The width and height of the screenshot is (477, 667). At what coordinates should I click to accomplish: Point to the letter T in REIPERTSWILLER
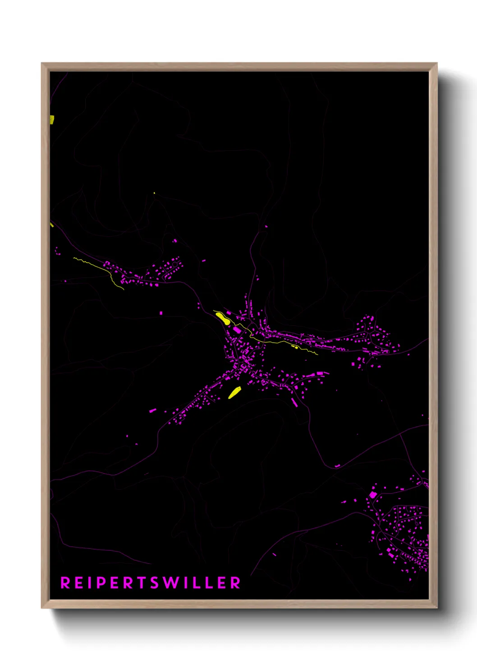[141, 583]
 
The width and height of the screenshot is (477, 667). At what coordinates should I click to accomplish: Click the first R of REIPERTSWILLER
[65, 583]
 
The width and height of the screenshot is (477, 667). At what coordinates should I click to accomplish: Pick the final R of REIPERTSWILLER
[235, 583]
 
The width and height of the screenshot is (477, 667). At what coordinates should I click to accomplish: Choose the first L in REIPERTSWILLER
[197, 583]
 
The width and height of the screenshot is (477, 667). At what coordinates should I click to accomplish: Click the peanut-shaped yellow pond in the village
[222, 318]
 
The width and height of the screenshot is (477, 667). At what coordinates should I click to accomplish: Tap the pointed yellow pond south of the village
[234, 393]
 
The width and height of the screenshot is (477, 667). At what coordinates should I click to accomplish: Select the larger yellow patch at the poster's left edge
[52, 119]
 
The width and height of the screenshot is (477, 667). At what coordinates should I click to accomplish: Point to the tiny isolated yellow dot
[154, 193]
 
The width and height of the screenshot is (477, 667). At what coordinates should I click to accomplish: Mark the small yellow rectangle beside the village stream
[295, 347]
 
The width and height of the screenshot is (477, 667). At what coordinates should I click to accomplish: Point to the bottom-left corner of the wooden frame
[42, 607]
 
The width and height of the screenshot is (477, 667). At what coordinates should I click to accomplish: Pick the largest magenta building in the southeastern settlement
[373, 495]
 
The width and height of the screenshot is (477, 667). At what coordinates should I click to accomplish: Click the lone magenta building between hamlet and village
[161, 313]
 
